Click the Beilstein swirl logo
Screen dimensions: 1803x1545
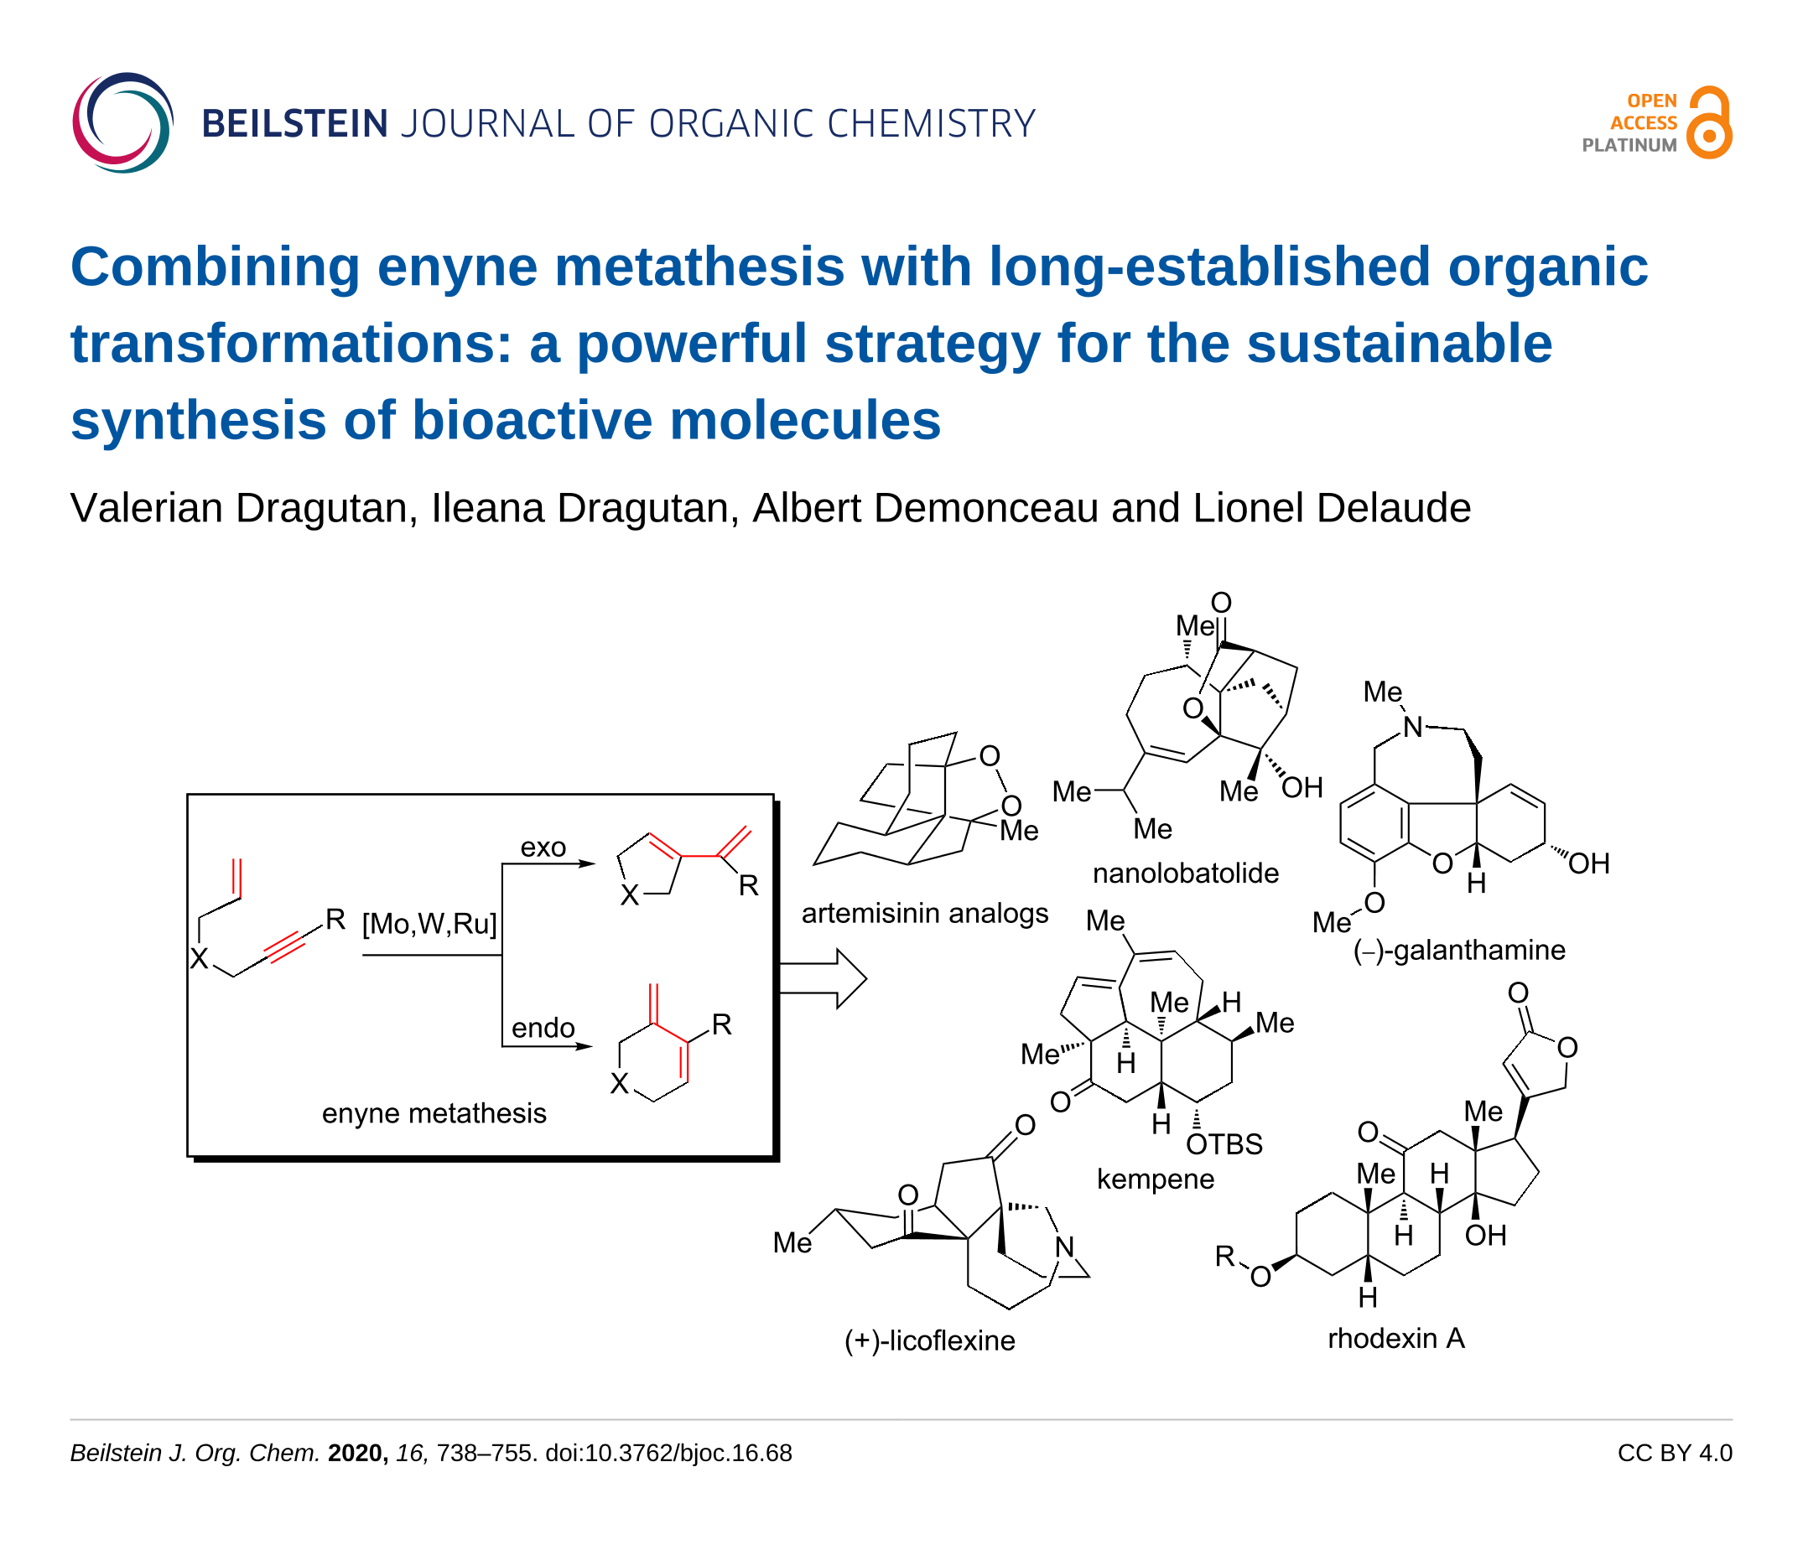(122, 122)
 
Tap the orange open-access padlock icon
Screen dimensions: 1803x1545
(1709, 122)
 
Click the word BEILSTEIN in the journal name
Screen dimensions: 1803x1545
(294, 123)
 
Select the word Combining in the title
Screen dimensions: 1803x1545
(215, 268)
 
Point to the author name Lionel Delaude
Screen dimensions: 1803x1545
(1332, 508)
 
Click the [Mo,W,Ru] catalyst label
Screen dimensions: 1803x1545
(430, 923)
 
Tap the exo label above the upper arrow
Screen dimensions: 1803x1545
(543, 847)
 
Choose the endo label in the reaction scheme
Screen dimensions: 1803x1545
(543, 1028)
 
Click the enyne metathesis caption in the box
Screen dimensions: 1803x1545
(434, 1112)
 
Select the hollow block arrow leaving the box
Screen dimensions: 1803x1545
(823, 978)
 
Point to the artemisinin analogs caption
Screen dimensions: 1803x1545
(925, 914)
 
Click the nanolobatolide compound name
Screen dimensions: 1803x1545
(1186, 873)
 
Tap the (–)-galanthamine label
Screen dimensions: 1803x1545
(1459, 949)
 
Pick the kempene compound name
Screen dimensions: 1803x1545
(1156, 1179)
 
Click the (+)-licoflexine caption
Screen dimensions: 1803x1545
(929, 1340)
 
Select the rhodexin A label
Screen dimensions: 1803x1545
(1396, 1338)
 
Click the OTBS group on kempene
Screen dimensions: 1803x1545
(1224, 1144)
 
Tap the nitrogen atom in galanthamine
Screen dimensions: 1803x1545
(1412, 727)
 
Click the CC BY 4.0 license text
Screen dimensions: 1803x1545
(1675, 1453)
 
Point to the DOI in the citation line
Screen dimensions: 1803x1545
(668, 1454)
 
